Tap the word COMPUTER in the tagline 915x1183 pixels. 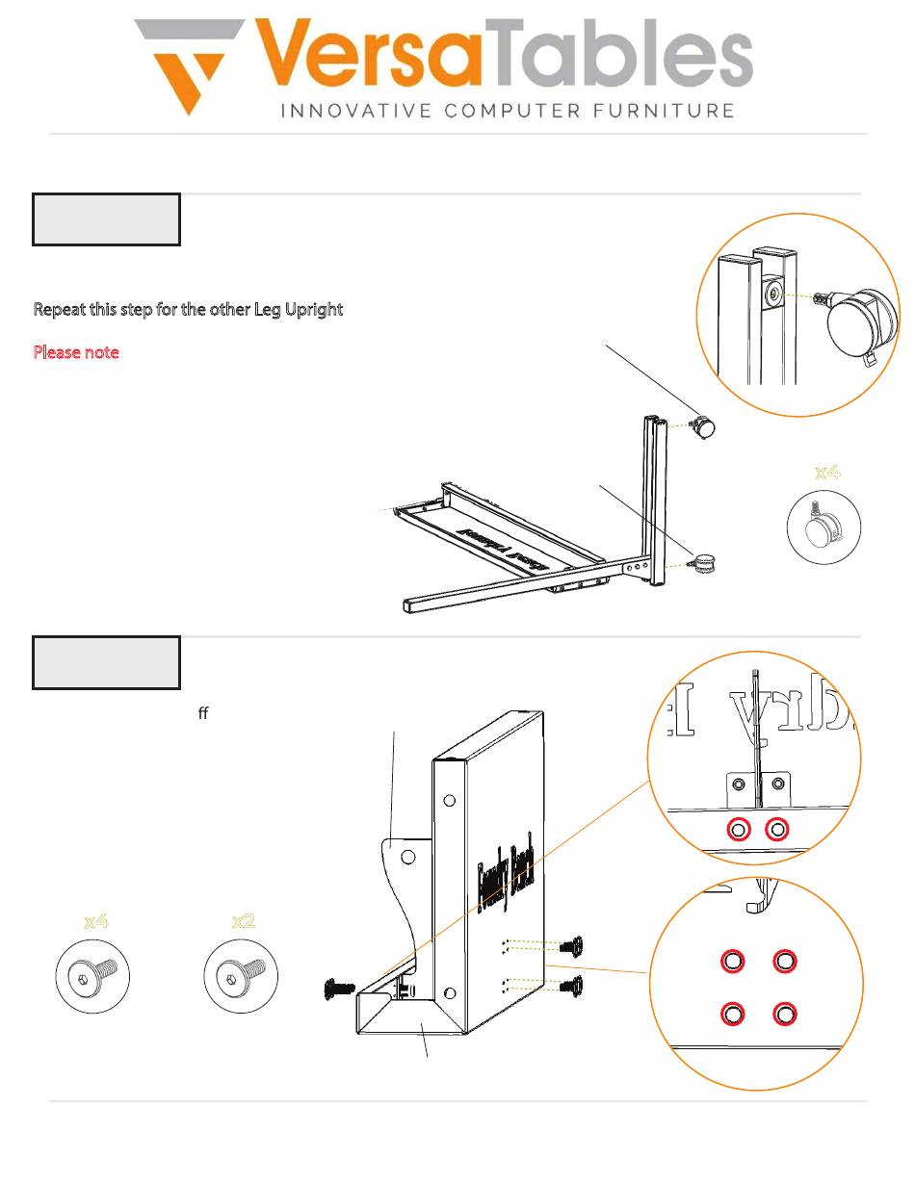pyautogui.click(x=508, y=111)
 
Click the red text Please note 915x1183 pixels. pyautogui.click(x=76, y=352)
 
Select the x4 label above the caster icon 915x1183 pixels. pyautogui.click(x=827, y=472)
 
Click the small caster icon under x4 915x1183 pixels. pyautogui.click(x=823, y=527)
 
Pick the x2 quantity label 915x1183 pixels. pyautogui.click(x=244, y=921)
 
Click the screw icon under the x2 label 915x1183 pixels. pyautogui.click(x=240, y=976)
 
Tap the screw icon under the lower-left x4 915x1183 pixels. pyautogui.click(x=91, y=976)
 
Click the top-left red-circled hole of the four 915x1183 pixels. pyautogui.click(x=732, y=961)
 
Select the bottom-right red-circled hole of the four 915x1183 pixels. pyautogui.click(x=784, y=1014)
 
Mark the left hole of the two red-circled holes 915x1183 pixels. pyautogui.click(x=739, y=829)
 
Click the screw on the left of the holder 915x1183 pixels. pyautogui.click(x=341, y=988)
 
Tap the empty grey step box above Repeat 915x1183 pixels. pyautogui.click(x=106, y=219)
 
